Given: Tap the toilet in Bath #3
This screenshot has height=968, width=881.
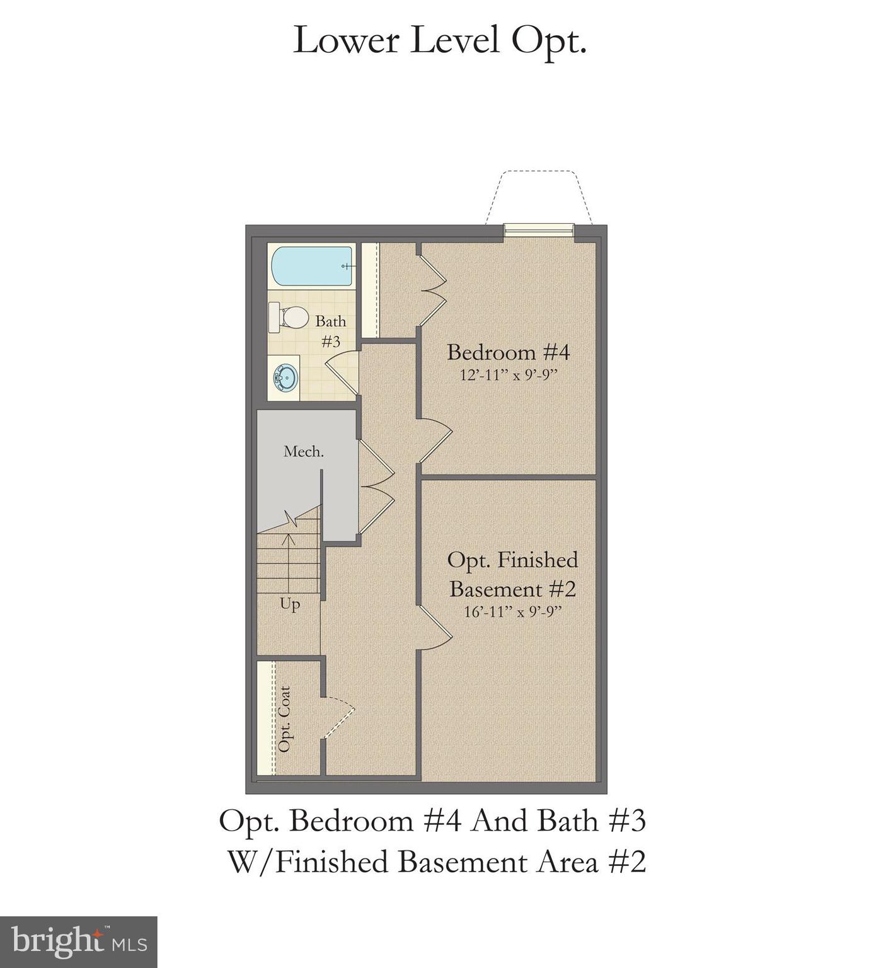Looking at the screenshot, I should (x=289, y=317).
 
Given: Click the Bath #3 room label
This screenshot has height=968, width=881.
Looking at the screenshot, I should (x=331, y=331).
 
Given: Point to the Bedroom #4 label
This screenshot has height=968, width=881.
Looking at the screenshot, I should (x=508, y=352).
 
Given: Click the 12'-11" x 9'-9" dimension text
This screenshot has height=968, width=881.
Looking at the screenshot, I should (x=509, y=376).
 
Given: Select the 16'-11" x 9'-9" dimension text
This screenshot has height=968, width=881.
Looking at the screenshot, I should (x=512, y=612).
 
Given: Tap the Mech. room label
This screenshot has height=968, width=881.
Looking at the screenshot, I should (x=304, y=451).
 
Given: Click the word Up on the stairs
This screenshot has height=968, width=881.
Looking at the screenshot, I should (x=290, y=604).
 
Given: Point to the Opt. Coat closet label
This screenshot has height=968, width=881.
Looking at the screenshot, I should (x=284, y=719).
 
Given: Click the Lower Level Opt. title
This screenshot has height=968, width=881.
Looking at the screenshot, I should (x=440, y=41).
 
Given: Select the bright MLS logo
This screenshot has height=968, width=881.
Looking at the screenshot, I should (x=78, y=942).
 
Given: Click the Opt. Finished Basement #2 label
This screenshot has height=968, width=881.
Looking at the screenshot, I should (x=512, y=574).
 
